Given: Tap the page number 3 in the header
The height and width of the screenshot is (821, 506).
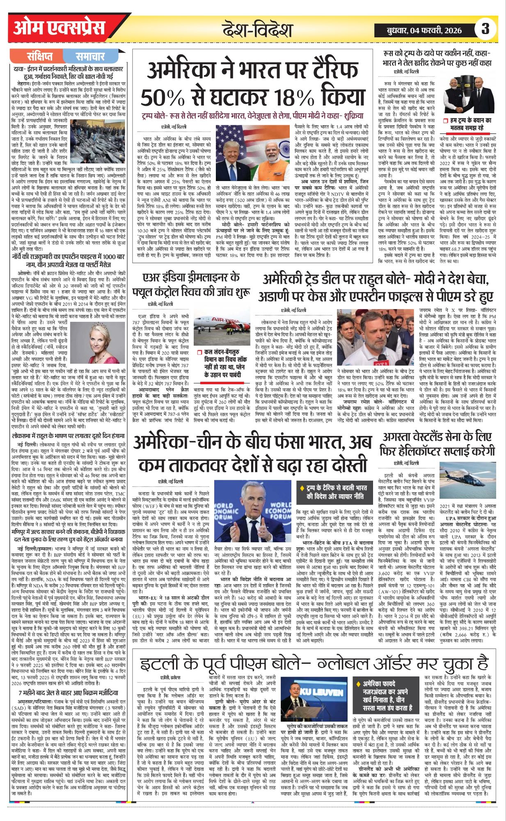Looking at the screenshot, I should tap(485, 29).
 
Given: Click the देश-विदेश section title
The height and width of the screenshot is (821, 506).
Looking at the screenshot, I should tap(258, 30).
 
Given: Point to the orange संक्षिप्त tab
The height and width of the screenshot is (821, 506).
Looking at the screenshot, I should tap(40, 56).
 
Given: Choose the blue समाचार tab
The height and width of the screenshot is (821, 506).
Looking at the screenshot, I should tap(90, 56).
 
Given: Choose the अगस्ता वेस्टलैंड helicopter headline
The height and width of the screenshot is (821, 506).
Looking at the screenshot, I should tap(437, 443).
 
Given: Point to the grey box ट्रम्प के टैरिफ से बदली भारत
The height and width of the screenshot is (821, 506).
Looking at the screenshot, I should tap(336, 492).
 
